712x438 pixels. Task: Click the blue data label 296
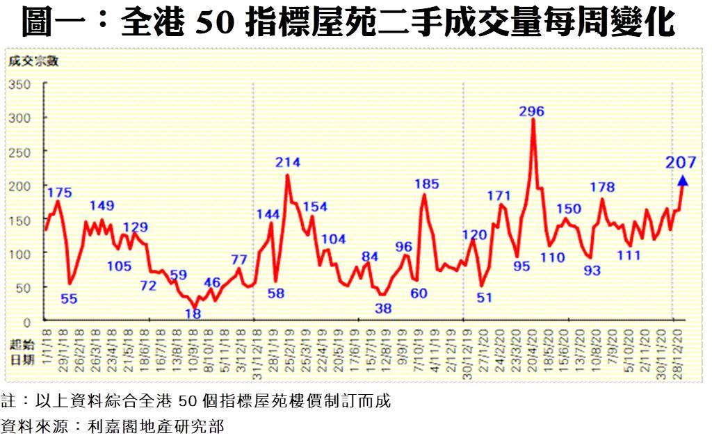[532, 111]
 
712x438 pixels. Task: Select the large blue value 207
[681, 163]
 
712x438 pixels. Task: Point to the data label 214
[287, 163]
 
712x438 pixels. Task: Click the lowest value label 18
[193, 314]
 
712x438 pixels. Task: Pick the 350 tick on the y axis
[22, 84]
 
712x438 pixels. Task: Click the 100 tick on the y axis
[22, 254]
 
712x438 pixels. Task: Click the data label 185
[426, 184]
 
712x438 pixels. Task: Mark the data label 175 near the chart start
[59, 192]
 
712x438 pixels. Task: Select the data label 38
[383, 308]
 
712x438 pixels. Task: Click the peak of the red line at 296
[533, 120]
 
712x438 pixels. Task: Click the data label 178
[602, 187]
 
